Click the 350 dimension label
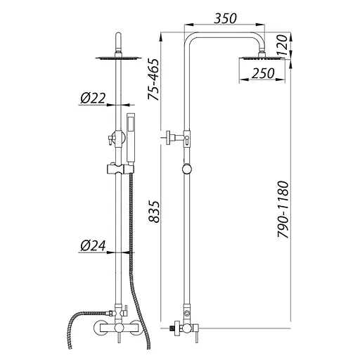pos(225,18)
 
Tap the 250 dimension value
pos(263,73)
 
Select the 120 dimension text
pos(282,45)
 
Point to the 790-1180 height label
pos(283,210)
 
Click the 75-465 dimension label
pos(153,79)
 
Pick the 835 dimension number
pos(154,212)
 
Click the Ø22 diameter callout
pos(93,98)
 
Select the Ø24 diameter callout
pos(93,245)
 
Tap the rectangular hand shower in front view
pos(130,139)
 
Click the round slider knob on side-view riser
pos(187,169)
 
